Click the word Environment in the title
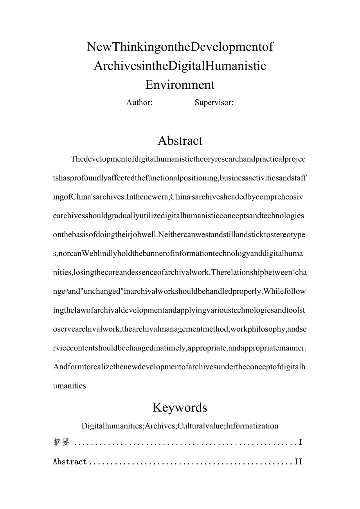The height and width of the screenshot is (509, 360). coord(180,84)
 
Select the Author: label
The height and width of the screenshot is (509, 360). coord(139,103)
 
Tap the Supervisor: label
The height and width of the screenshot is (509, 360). coord(214,103)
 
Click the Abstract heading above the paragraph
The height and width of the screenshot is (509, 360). coord(180,140)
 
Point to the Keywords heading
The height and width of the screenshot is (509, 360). coord(180,407)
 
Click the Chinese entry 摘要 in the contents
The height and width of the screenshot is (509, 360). coord(61,442)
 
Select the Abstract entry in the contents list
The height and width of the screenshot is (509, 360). coord(70,462)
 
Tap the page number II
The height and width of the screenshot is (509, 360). coord(298,462)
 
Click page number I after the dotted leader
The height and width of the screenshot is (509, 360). coord(301,442)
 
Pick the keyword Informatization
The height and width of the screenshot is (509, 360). coord(254,426)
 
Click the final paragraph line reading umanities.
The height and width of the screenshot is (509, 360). coord(70,385)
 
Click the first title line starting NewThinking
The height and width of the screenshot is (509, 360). coord(180,47)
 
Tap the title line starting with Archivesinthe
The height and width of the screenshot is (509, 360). coord(180,65)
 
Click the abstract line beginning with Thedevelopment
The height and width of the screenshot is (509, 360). coord(189,160)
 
